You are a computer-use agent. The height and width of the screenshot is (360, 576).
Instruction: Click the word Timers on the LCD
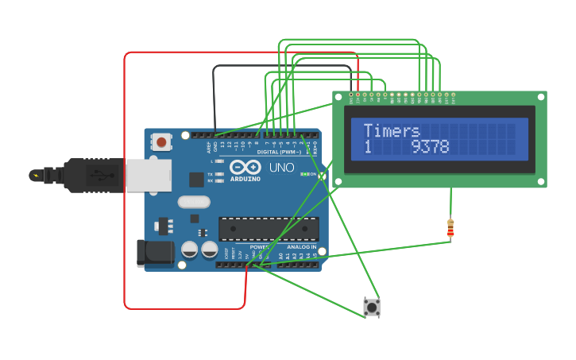click(x=391, y=131)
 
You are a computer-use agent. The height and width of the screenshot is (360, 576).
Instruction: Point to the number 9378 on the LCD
click(x=430, y=147)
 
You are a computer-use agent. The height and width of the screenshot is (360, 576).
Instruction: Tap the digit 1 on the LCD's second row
click(x=368, y=147)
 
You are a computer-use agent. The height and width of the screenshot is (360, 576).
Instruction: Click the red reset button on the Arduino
click(x=162, y=142)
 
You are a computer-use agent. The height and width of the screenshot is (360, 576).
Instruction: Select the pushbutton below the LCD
click(x=371, y=307)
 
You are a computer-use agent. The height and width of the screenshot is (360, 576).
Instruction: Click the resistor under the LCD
click(x=450, y=228)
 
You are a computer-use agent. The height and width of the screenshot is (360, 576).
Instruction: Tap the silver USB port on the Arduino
click(x=148, y=175)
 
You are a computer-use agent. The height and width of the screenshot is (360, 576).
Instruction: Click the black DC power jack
click(x=154, y=253)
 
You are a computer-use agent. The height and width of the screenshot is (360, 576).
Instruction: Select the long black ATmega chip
click(x=269, y=229)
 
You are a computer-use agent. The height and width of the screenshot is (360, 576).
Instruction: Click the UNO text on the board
click(x=281, y=168)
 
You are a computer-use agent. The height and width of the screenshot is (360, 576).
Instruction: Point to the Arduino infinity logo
click(x=245, y=168)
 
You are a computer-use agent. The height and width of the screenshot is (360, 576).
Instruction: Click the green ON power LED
click(x=305, y=174)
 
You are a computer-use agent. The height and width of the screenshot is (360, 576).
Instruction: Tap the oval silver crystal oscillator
click(x=194, y=202)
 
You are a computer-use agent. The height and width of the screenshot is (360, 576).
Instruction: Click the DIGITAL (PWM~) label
click(x=278, y=152)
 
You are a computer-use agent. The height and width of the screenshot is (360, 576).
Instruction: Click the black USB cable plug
click(x=87, y=175)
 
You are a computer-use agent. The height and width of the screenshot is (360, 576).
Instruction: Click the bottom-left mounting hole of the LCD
click(x=338, y=182)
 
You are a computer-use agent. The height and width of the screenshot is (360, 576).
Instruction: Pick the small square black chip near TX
click(x=196, y=180)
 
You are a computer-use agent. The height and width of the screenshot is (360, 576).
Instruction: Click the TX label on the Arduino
click(x=210, y=174)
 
